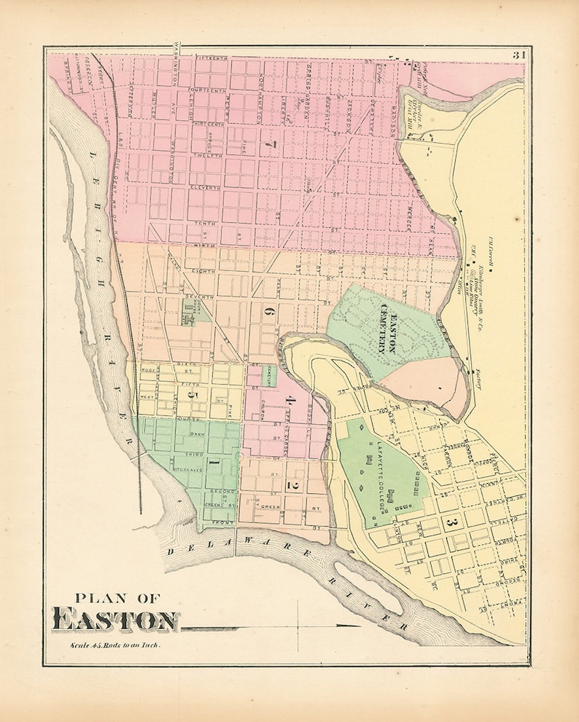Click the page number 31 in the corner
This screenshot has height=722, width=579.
tap(518, 55)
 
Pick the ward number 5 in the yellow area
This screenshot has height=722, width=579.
tap(193, 396)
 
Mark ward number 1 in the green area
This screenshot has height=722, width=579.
tap(213, 463)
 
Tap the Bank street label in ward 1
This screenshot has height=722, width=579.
tap(196, 434)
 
